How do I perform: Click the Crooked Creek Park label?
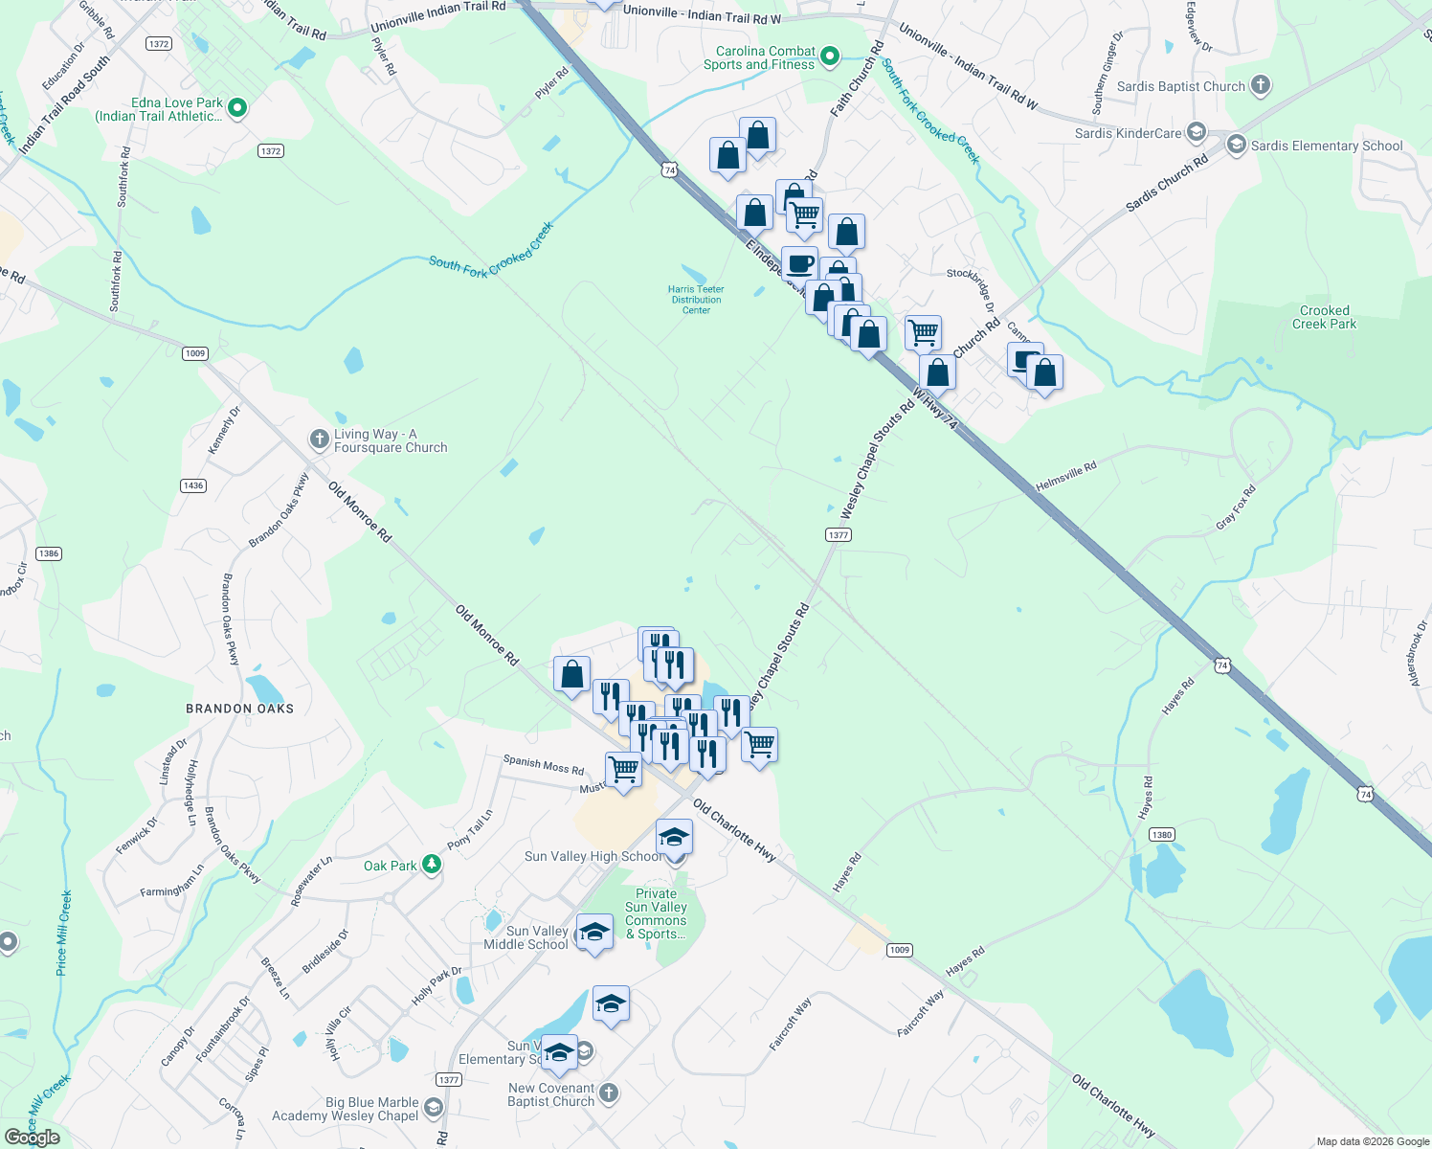click(1324, 317)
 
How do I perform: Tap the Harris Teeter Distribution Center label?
click(696, 300)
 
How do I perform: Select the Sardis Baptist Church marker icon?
click(1261, 86)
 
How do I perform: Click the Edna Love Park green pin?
click(237, 109)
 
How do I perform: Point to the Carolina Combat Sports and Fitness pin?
click(830, 57)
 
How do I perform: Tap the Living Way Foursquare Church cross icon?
click(319, 439)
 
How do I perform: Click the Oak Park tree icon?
click(432, 866)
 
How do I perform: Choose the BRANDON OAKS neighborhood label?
click(239, 709)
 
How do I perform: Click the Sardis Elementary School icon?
click(1236, 146)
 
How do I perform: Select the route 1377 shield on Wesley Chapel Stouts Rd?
click(838, 535)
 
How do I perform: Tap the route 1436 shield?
click(193, 485)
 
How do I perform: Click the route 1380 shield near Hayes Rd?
click(1161, 835)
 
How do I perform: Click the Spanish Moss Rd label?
click(543, 764)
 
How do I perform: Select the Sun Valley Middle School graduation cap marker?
click(593, 932)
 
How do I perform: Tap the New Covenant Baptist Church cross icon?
click(609, 1093)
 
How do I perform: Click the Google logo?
click(33, 1138)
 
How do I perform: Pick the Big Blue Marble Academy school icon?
click(433, 1109)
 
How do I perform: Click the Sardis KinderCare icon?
click(1195, 132)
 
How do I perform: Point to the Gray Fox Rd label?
click(1235, 507)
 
